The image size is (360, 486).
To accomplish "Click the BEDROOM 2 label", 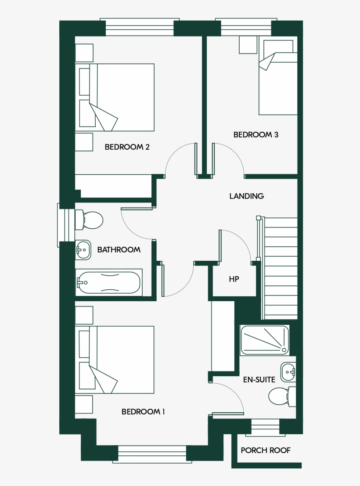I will (x=127, y=147).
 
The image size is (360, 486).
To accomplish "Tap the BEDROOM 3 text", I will (x=256, y=135).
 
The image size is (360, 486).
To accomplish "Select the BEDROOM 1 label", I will (x=143, y=412).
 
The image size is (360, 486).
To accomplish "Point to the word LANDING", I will (x=246, y=196).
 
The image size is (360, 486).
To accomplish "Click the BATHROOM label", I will (x=119, y=250).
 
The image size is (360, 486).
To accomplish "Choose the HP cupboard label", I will (x=234, y=279).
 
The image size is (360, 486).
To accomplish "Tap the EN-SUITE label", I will (x=259, y=380).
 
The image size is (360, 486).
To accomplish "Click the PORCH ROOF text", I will (x=266, y=450).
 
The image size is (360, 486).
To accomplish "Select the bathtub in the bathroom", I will (x=109, y=282).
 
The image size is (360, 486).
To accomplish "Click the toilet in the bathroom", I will (x=90, y=220).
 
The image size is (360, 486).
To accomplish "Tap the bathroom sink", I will (x=83, y=250).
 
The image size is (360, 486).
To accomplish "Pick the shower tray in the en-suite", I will (x=264, y=340).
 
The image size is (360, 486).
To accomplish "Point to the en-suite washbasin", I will (x=288, y=372).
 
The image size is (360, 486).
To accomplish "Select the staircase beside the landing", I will (x=280, y=268).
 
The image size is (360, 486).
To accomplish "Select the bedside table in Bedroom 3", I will (x=248, y=45).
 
